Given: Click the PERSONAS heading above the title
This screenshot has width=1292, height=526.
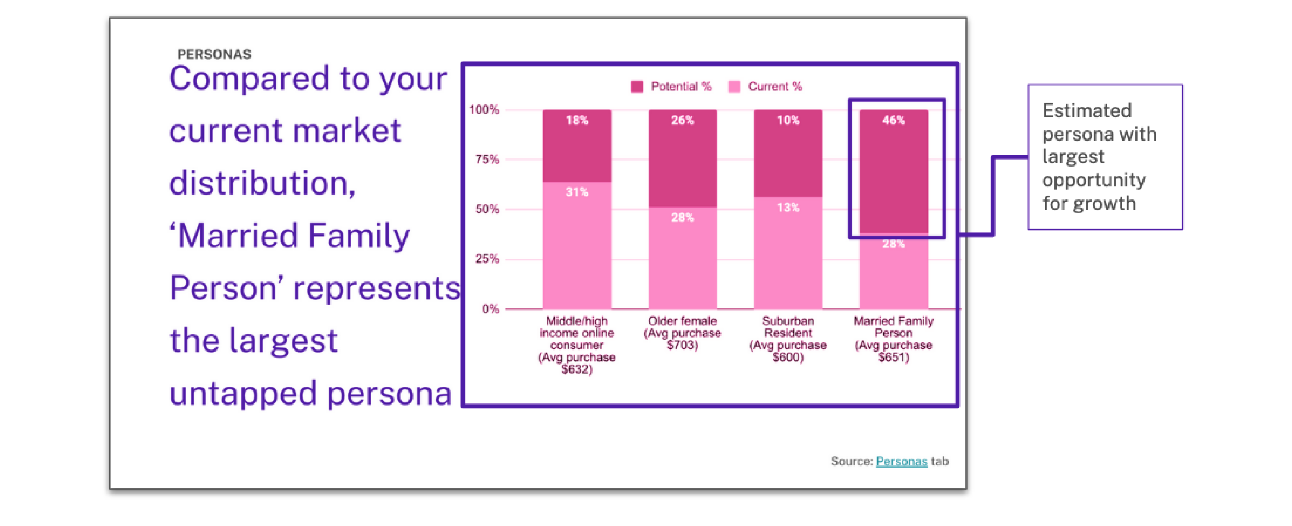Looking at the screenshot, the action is point(214,54).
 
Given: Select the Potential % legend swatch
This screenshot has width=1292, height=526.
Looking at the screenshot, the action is point(637,87).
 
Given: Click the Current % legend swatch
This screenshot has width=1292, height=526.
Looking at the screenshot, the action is point(734,87).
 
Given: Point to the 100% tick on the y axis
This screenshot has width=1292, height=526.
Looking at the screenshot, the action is point(484,109).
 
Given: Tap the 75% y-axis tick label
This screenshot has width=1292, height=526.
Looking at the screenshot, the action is point(487,159).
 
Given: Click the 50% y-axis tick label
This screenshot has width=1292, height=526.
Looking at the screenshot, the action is point(487,209).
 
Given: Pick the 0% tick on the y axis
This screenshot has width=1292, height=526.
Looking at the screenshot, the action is point(491,309).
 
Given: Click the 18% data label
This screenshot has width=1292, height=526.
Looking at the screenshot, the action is point(577,120).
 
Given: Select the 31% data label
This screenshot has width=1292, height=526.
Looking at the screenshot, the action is point(577,192).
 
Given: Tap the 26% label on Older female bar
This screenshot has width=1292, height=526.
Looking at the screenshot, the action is point(683,120).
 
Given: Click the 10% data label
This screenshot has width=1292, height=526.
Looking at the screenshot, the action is point(788,120).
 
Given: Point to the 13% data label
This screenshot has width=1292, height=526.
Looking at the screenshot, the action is point(788,207).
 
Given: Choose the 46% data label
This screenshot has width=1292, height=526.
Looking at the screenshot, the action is point(894,120).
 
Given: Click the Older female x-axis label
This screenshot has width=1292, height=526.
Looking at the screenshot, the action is point(683,333).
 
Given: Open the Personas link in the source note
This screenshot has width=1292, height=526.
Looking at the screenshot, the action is point(901,461).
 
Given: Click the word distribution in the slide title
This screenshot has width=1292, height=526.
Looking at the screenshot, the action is point(262,183).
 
